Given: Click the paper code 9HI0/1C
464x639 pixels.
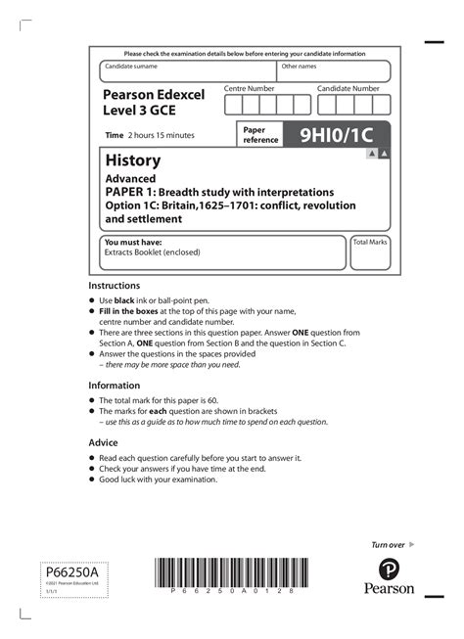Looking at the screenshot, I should pyautogui.click(x=335, y=134).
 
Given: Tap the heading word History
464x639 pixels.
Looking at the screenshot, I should pyautogui.click(x=132, y=160).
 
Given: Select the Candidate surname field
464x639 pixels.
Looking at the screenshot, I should pyautogui.click(x=187, y=71).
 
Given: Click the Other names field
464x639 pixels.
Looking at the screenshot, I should pyautogui.click(x=333, y=71).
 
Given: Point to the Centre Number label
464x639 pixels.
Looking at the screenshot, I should pyautogui.click(x=250, y=88).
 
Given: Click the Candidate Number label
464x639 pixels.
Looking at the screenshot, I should pyautogui.click(x=348, y=88).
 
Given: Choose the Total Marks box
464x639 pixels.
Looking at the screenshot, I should pyautogui.click(x=370, y=251).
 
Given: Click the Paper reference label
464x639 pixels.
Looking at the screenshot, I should pyautogui.click(x=259, y=134).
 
